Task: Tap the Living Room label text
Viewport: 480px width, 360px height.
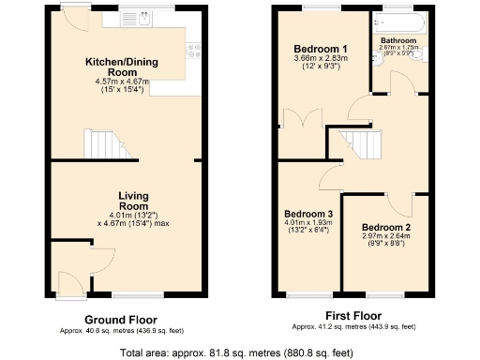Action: tap(133, 201)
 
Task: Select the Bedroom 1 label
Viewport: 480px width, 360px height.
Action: tap(322, 49)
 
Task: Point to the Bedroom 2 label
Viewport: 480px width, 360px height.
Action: tap(387, 228)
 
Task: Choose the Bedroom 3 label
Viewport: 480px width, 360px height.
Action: tap(308, 214)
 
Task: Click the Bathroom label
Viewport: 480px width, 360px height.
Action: tap(398, 40)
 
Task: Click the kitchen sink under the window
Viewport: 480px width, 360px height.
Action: tap(145, 17)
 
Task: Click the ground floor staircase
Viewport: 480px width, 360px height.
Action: tap(102, 144)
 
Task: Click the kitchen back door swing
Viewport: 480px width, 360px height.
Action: tap(72, 21)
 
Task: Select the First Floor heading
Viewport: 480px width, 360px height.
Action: tap(353, 316)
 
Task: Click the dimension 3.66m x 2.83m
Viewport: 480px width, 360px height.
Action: tap(322, 59)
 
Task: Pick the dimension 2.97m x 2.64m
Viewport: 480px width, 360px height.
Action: tap(387, 237)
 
